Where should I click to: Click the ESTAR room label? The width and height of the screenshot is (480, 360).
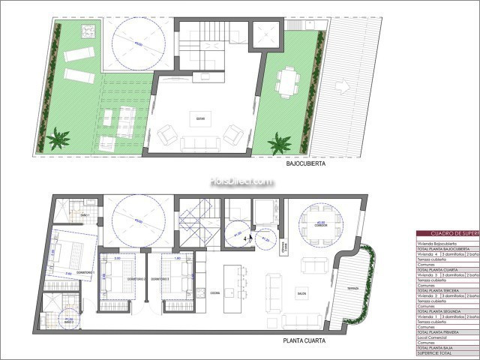(200, 118)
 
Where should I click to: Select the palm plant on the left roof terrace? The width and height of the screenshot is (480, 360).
(58, 139)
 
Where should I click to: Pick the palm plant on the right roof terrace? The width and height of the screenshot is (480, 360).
(280, 142)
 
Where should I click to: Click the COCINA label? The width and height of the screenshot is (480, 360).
(214, 293)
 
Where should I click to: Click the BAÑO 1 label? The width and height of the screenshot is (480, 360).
(85, 215)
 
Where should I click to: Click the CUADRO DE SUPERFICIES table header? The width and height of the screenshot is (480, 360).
(447, 234)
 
